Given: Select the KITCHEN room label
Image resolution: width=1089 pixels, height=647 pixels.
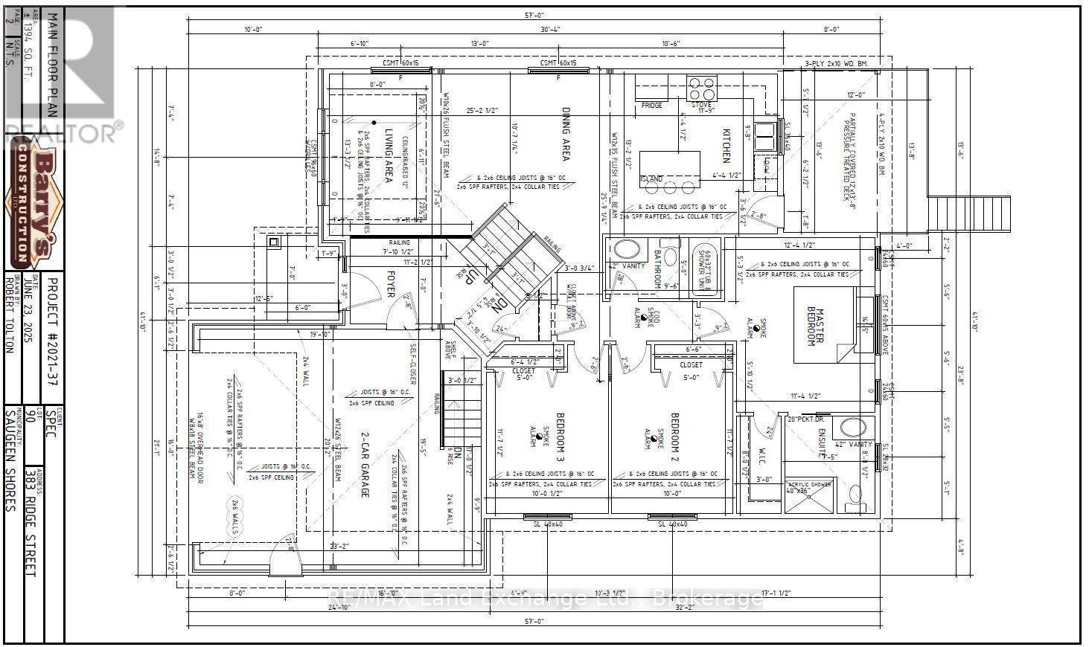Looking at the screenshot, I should click(x=726, y=144).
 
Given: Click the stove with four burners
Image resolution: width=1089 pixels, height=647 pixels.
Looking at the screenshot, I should click(x=702, y=88).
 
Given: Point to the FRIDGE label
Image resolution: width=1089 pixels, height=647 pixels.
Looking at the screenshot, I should click(x=652, y=106).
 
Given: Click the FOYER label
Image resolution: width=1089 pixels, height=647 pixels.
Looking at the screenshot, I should click(x=389, y=283).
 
